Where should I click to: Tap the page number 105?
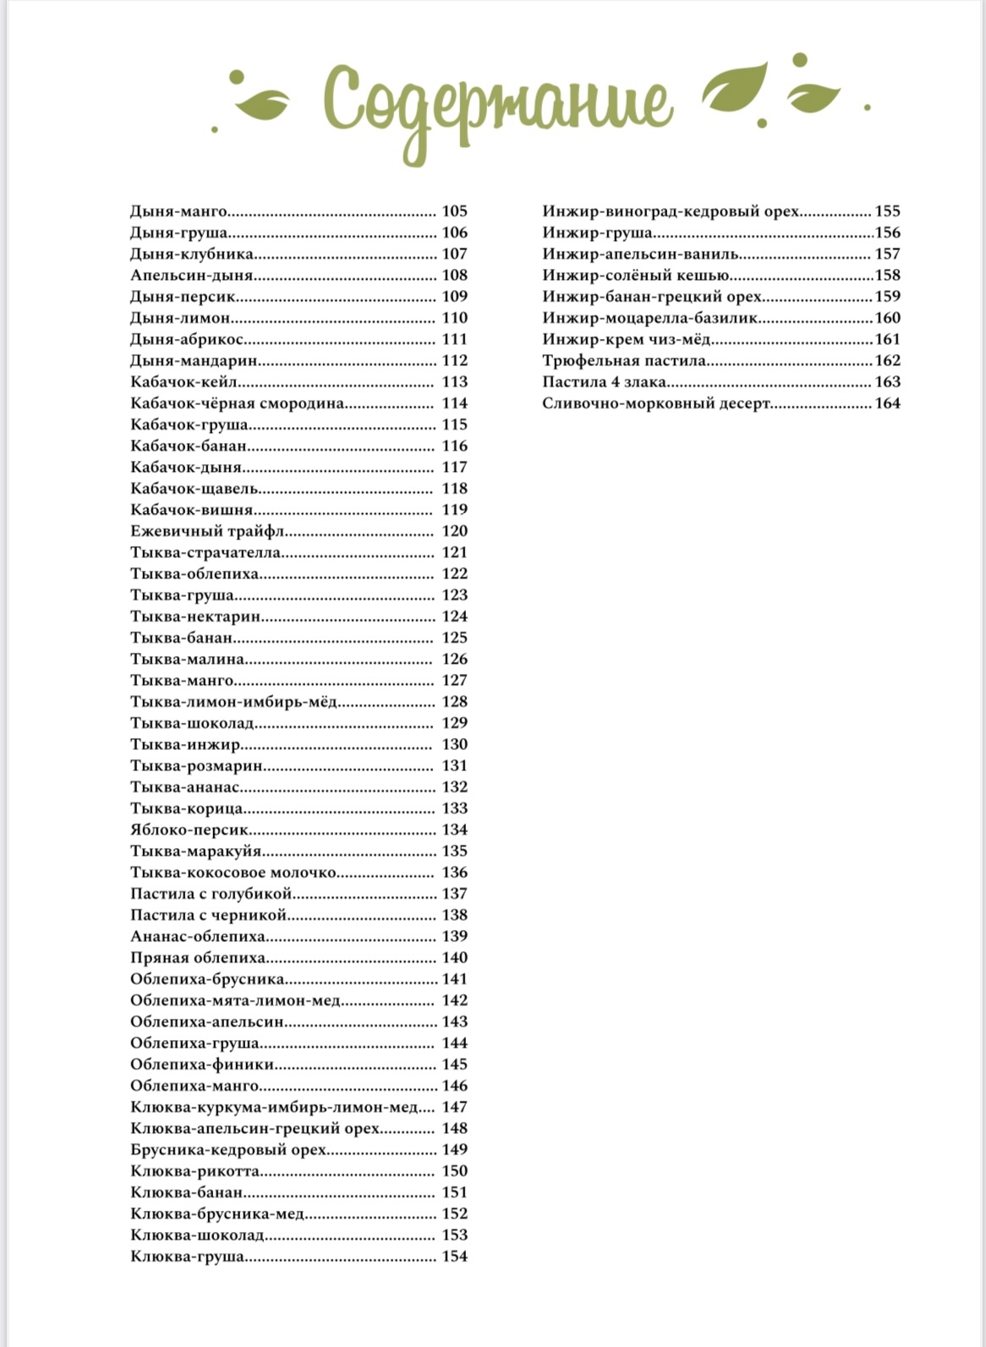(x=454, y=211)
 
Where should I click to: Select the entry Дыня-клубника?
(x=192, y=254)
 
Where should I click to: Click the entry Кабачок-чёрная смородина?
(x=238, y=403)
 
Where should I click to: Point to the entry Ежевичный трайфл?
(x=207, y=531)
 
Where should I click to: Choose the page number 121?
(x=454, y=552)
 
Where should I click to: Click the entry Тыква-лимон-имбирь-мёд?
(x=234, y=702)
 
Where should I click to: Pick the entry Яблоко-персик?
(x=189, y=830)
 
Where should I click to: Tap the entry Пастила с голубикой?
(x=211, y=894)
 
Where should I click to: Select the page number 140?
(x=454, y=958)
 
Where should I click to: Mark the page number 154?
(x=454, y=1257)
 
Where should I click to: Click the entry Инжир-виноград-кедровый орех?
(x=671, y=211)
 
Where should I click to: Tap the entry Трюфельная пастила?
(x=624, y=361)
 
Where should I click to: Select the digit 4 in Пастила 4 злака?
(x=616, y=382)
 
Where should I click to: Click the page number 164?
(x=887, y=403)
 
